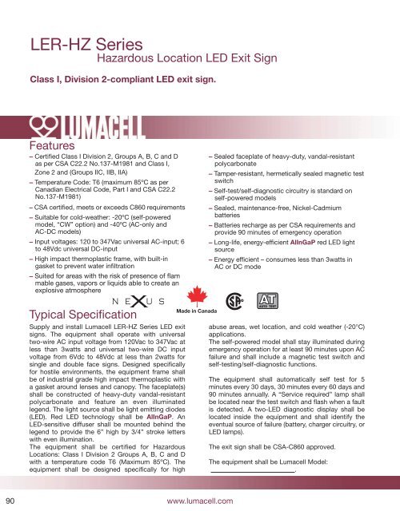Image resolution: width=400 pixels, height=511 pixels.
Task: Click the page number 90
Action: coord(11,500)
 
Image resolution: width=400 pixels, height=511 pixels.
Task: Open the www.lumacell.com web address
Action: coord(200,500)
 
